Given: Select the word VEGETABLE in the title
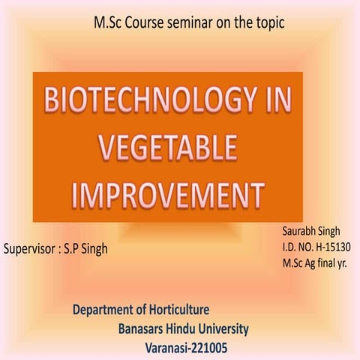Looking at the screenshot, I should tap(169, 146).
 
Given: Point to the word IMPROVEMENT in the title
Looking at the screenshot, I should tap(168, 190).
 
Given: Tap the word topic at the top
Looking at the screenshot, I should tap(269, 23).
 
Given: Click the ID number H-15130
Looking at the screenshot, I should tap(332, 247).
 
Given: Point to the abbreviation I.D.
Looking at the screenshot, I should tap(291, 247).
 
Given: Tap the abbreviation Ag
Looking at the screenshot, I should tap(312, 263).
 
